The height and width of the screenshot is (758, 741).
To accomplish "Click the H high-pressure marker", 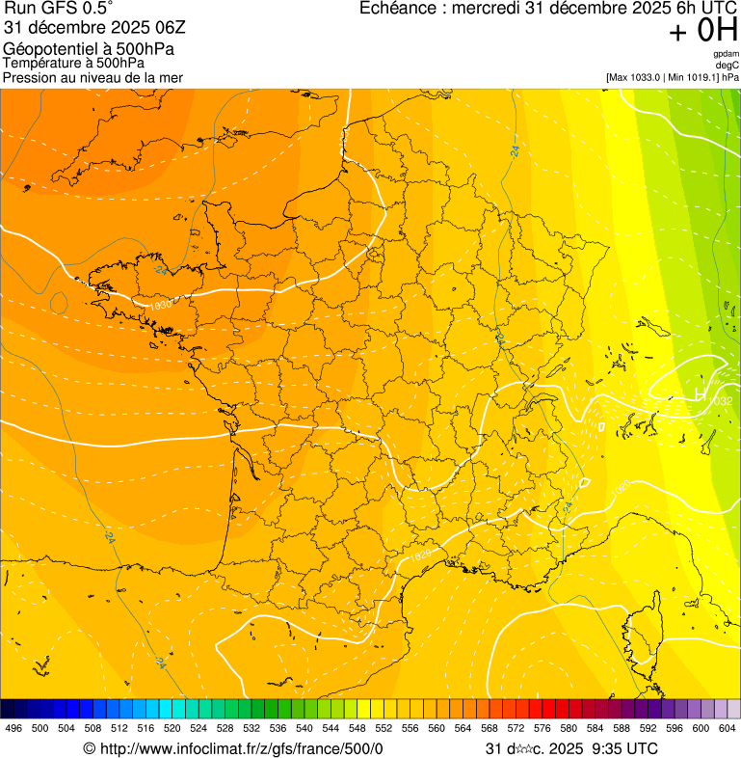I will point(700,393).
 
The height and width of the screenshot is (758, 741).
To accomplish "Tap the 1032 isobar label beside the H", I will point(720,401).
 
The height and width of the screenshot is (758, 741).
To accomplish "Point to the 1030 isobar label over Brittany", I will point(162,304).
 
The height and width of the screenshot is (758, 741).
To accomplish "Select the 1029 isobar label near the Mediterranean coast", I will point(421,555).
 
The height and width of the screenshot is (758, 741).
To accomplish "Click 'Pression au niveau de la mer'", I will point(93,77).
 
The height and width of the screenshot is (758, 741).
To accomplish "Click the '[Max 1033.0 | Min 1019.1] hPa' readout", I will point(673,77).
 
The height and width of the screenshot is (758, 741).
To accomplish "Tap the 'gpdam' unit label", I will point(727,54).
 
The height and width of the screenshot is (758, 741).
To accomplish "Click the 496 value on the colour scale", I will point(13,728).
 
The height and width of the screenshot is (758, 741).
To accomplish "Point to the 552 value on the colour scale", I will point(384,728).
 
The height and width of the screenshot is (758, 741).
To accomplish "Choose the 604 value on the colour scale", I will point(727,728).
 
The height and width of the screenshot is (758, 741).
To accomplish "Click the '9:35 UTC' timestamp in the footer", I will point(624,748).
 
